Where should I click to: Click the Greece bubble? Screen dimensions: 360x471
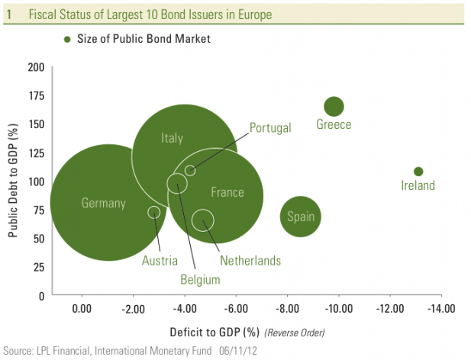[334, 107]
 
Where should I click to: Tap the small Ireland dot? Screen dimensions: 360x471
[418, 172]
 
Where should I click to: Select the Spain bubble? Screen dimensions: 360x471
[300, 217]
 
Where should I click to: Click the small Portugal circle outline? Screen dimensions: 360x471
[190, 170]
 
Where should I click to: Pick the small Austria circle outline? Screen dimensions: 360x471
[154, 212]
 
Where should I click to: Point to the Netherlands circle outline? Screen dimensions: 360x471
[202, 220]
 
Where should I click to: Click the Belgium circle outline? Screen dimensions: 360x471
[177, 183]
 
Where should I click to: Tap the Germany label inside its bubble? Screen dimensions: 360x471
[103, 203]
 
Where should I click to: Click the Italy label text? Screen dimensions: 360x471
[173, 138]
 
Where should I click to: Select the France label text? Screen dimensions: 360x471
[227, 192]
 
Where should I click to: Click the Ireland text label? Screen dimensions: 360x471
[418, 185]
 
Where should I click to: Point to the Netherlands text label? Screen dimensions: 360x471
[250, 261]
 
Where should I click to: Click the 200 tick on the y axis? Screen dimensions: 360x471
[35, 67]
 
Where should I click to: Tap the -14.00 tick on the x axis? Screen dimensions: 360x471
[440, 309]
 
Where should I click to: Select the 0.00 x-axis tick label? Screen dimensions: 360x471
[81, 309]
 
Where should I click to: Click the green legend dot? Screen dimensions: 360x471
[68, 38]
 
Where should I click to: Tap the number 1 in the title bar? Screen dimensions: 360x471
[8, 14]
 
